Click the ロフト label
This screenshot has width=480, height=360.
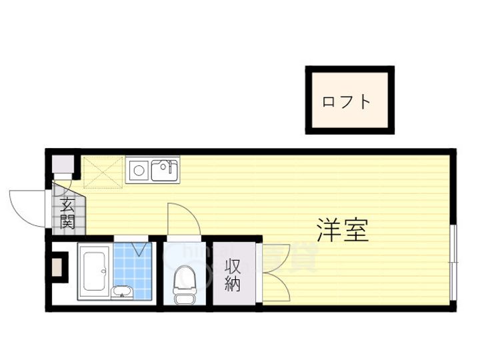click(346, 102)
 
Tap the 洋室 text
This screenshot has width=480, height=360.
click(341, 230)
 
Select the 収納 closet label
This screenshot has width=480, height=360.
click(232, 275)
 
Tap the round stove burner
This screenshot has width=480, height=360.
click(139, 171)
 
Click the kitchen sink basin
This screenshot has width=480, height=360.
click(164, 171)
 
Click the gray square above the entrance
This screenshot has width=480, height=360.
click(62, 164)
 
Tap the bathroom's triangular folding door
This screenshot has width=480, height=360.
click(140, 249)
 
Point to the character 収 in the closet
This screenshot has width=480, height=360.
click(232, 265)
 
